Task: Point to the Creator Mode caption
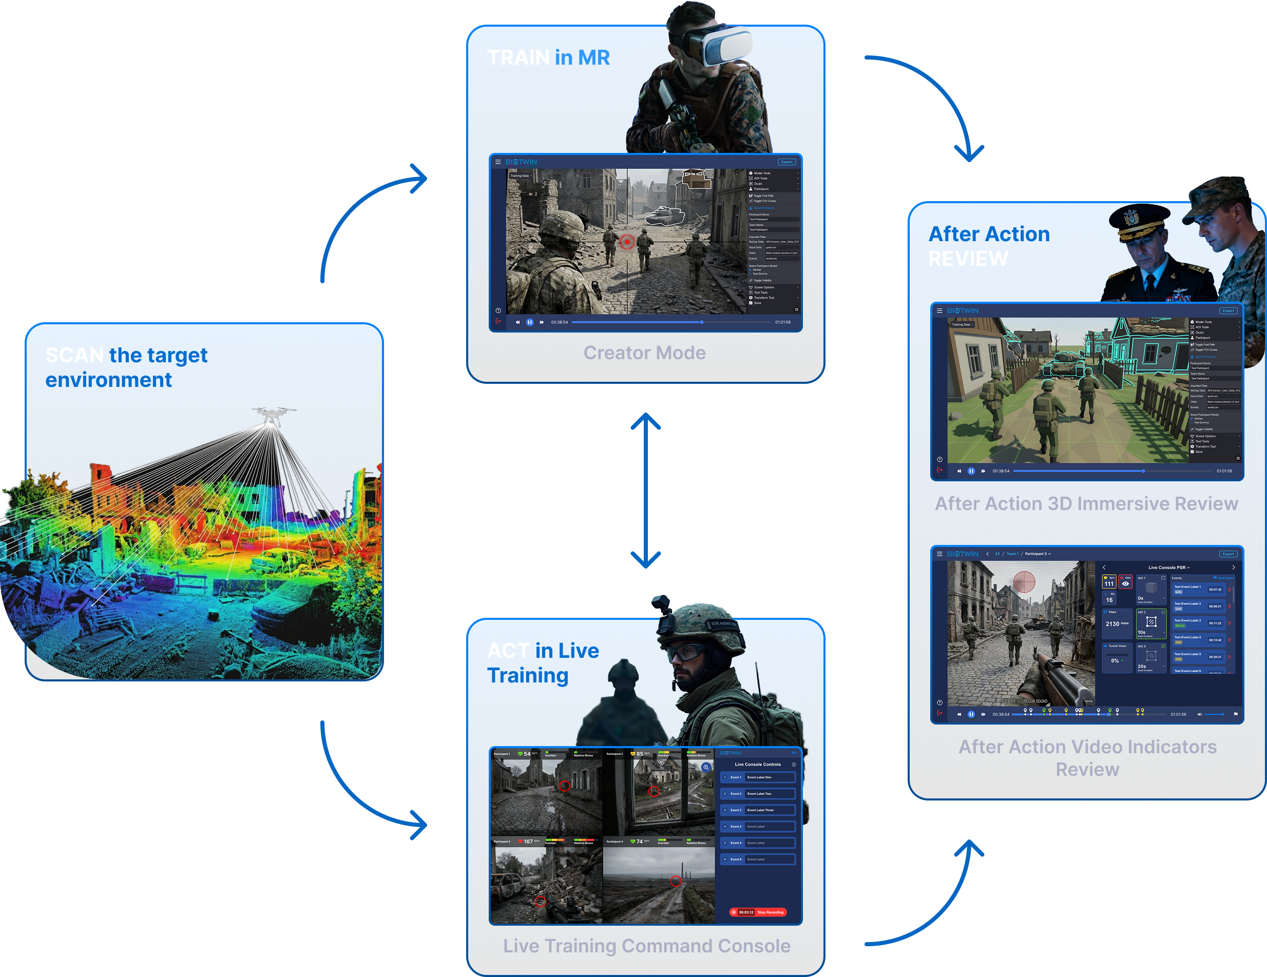[x=644, y=353]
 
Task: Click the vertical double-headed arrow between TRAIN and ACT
[x=646, y=490]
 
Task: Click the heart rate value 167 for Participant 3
[x=528, y=842]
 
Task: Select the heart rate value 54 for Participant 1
[x=527, y=754]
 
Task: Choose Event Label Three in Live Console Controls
[x=760, y=810]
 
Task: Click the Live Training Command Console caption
[x=646, y=946]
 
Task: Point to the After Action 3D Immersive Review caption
[x=1086, y=503]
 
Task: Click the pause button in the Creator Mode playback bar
[x=530, y=322]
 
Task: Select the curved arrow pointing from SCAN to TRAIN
[x=366, y=209]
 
